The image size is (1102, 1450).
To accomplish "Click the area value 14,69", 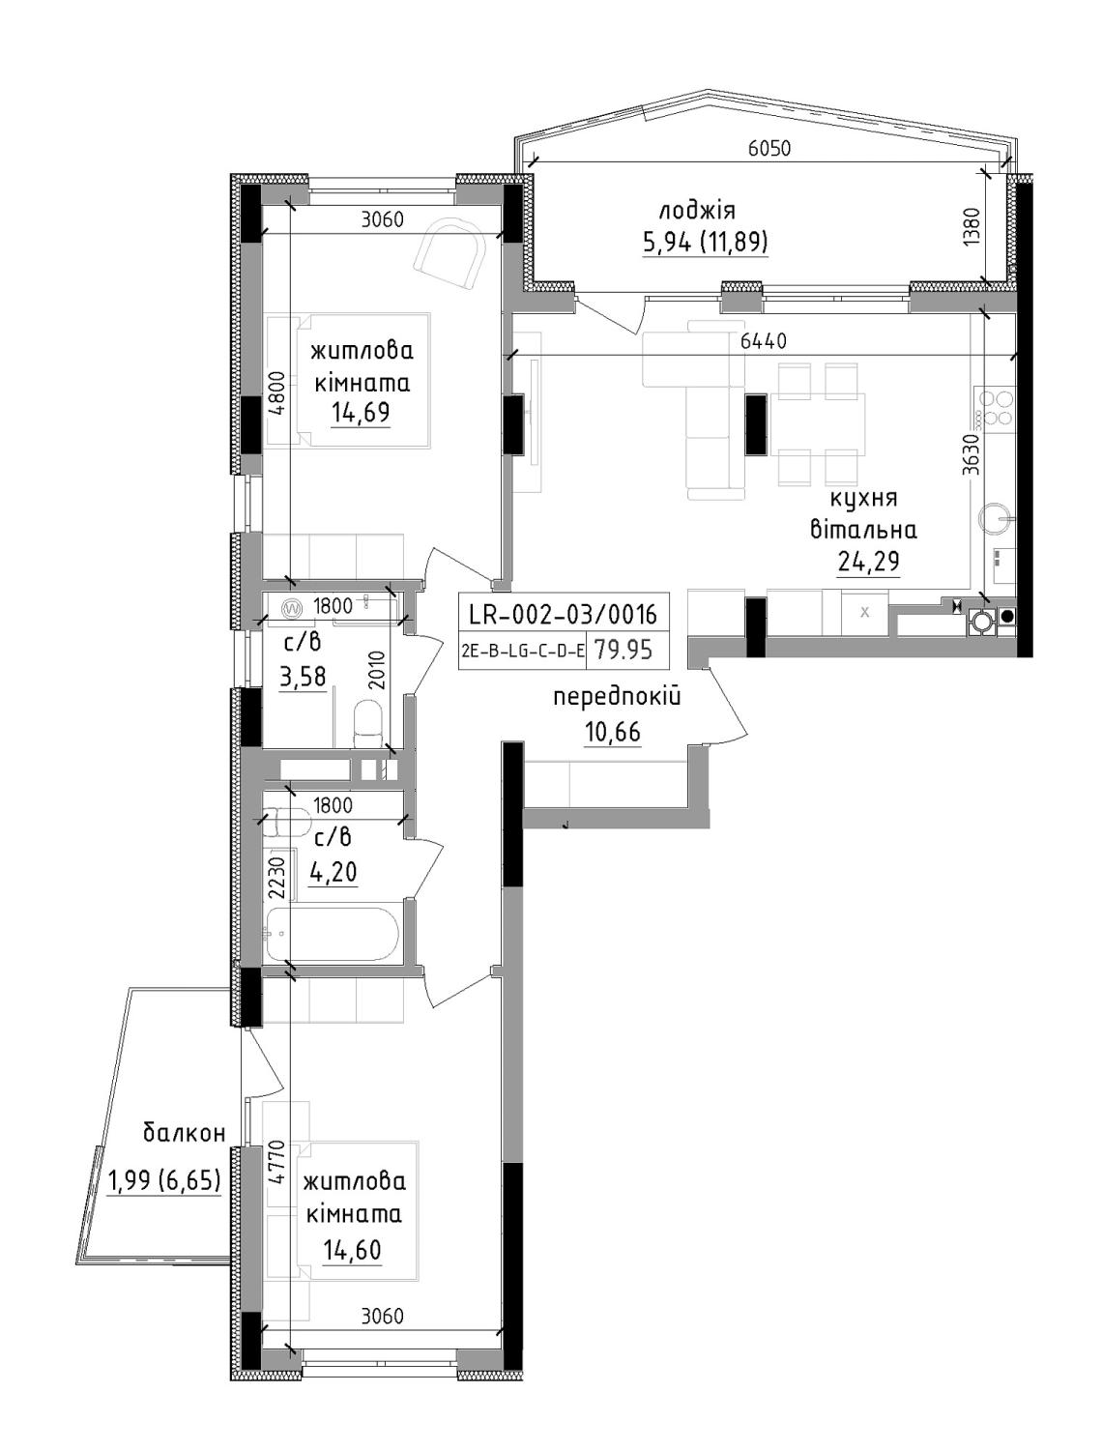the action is tap(361, 412).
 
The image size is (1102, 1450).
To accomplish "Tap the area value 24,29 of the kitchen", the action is tap(868, 562).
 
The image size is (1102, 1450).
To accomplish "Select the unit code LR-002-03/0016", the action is tap(563, 615).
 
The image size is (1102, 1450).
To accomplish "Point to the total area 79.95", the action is tap(623, 650).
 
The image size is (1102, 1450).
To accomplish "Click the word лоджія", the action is tap(697, 212).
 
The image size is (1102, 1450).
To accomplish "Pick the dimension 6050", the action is tap(769, 149).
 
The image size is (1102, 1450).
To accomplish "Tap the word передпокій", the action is tap(617, 697).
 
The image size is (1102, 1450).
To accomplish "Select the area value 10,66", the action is tap(612, 732).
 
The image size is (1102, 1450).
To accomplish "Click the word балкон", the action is tap(184, 1134).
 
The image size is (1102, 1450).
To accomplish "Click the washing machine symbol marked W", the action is tap(291, 606).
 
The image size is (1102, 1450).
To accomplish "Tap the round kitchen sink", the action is tap(995, 517).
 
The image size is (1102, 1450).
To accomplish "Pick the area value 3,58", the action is tap(304, 677).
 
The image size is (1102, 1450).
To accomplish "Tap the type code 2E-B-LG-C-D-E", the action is tap(523, 652).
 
